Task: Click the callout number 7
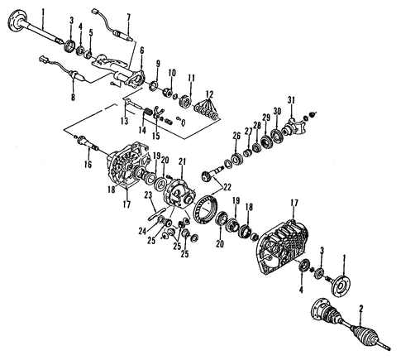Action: tap(128, 17)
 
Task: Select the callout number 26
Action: tap(235, 136)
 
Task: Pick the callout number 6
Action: tap(141, 50)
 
